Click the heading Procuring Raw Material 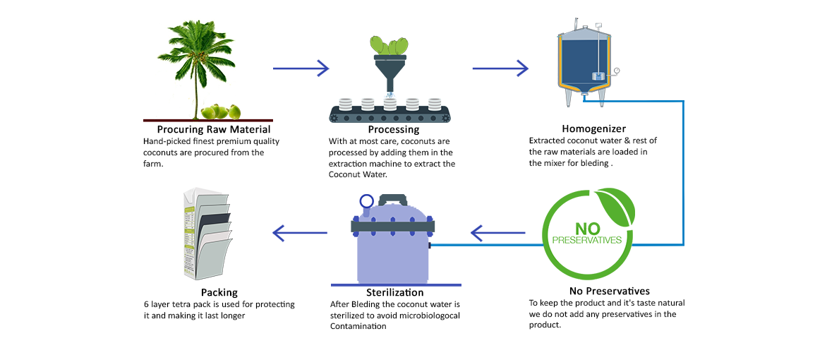tap(213, 129)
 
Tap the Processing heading tap(393, 129)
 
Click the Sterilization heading tap(394, 292)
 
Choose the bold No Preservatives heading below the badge tap(609, 291)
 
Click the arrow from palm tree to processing tap(301, 68)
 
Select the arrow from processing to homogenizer tap(500, 68)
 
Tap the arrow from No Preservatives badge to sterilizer tap(498, 232)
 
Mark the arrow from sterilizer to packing tap(300, 232)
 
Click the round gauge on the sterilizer tap(367, 201)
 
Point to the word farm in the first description tap(152, 163)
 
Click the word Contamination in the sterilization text tap(358, 326)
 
